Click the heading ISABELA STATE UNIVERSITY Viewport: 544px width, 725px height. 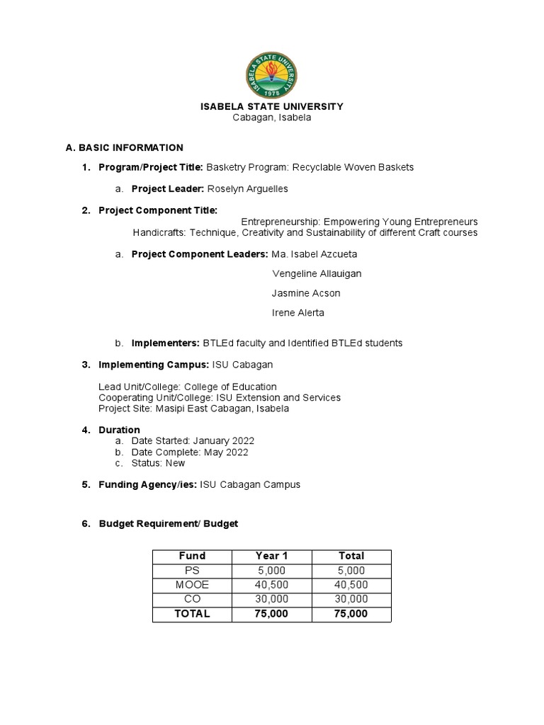(272, 106)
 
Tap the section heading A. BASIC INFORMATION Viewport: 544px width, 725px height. (124, 147)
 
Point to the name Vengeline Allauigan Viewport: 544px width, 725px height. (312, 273)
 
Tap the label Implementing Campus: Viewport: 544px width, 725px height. (154, 365)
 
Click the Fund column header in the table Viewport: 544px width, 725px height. (192, 556)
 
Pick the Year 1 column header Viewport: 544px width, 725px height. (272, 556)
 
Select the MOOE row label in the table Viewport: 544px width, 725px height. (192, 585)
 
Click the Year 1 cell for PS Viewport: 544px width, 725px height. (272, 571)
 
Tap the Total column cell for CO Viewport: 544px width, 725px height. (351, 599)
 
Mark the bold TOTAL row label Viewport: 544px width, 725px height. (192, 614)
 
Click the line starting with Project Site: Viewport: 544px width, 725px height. (193, 409)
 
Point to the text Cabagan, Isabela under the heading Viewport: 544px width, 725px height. (272, 118)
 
